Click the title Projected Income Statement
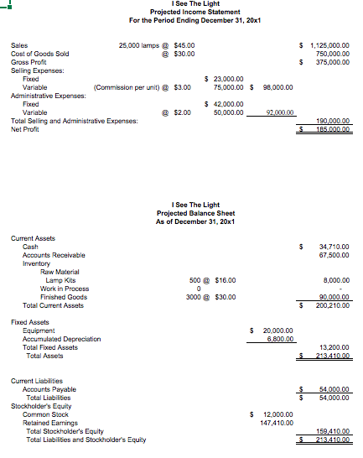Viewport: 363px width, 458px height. pos(181,12)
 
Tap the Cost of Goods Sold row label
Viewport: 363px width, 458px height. pos(40,54)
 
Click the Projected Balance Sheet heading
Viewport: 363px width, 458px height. pos(181,213)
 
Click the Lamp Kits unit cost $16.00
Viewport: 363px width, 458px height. pos(224,280)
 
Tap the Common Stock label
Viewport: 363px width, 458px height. pos(46,414)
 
